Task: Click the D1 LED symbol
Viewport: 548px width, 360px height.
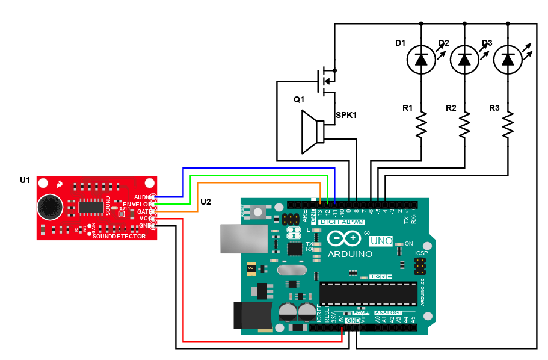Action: [421, 59]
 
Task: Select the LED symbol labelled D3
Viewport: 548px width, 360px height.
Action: [508, 59]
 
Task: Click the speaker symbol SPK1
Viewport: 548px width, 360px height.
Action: [313, 131]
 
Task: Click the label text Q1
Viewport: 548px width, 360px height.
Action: [299, 99]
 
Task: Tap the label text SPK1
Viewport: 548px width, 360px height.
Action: [346, 114]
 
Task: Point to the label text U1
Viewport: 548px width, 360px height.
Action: [25, 180]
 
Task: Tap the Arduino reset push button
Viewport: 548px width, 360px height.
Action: [259, 212]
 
